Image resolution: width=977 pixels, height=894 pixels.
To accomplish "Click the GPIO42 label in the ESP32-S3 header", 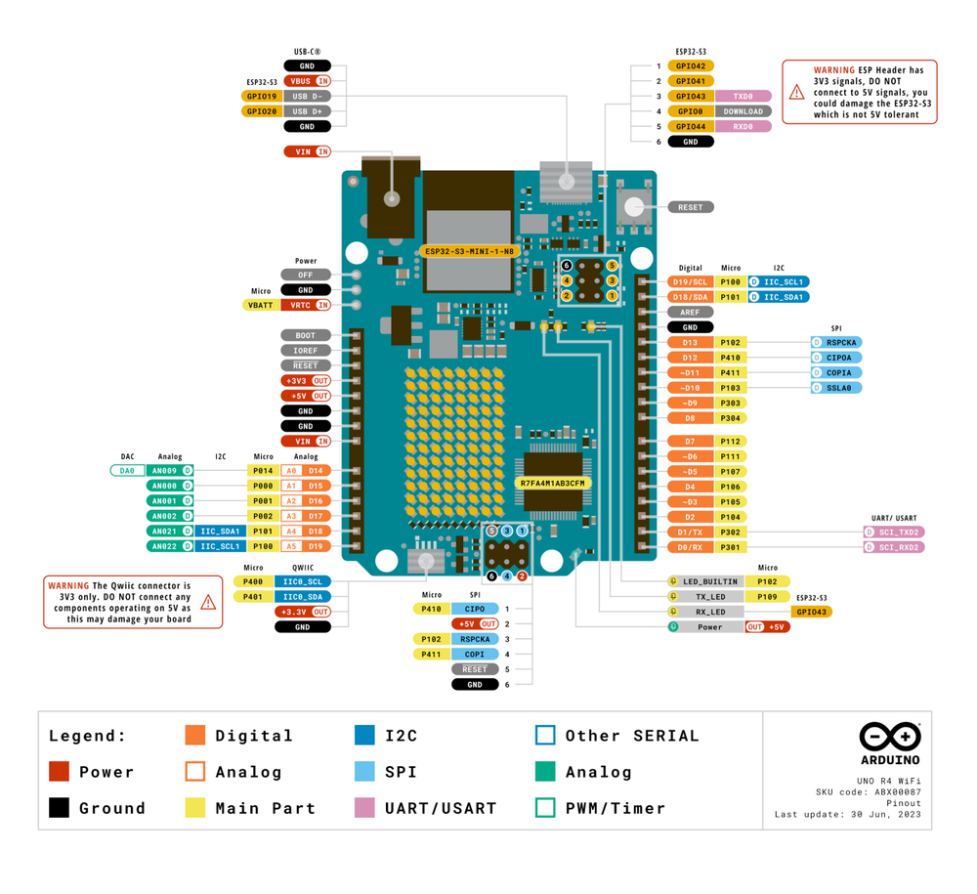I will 691,66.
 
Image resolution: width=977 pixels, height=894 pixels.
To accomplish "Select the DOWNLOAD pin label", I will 743,111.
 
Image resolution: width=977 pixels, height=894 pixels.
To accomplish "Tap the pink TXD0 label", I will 743,97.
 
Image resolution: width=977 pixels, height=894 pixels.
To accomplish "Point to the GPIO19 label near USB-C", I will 262,97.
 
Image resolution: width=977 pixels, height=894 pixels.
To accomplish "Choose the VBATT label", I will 261,305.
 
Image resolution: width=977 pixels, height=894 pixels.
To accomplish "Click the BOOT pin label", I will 306,335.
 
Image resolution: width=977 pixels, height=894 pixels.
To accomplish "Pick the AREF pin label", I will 691,312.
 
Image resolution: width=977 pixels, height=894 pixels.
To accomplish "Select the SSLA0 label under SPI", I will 837,388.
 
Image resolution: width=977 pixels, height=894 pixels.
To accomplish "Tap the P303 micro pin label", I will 730,403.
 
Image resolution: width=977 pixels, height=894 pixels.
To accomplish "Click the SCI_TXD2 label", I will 894,532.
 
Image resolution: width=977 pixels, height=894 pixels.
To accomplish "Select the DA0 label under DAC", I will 127,471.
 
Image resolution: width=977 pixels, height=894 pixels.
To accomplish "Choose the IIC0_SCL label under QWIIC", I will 303,581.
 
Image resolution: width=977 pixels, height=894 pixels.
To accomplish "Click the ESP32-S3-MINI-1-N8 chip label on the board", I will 470,251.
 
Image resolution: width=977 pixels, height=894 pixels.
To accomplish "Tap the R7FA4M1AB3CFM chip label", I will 554,483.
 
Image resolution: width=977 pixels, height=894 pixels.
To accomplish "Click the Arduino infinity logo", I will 890,737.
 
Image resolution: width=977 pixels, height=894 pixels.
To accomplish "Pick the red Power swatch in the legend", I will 60,771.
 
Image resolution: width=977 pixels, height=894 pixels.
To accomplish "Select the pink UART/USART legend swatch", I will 365,808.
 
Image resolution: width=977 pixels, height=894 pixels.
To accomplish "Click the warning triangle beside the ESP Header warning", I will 797,92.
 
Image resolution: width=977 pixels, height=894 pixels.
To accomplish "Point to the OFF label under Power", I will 306,275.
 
